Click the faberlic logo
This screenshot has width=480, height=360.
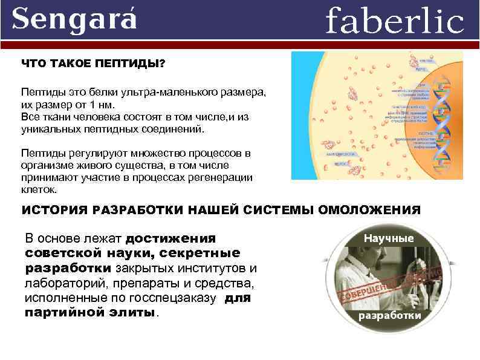[394, 21]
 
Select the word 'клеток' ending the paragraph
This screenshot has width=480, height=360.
[38, 189]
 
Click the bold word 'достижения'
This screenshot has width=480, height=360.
[170, 238]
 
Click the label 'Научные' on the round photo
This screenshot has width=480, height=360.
[389, 238]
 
